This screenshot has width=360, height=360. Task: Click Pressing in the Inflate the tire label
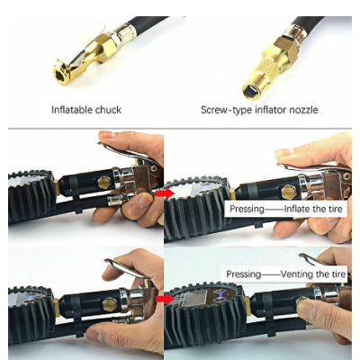pyautogui.click(x=246, y=210)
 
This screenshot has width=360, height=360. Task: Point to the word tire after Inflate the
pyautogui.click(x=334, y=210)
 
